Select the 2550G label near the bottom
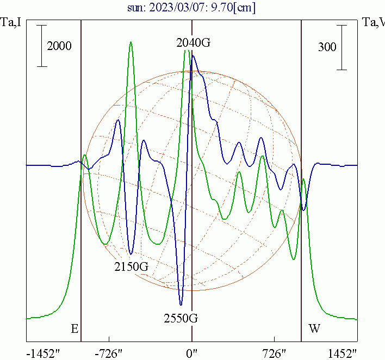(x=181, y=318)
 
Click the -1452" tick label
(x=44, y=353)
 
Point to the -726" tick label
(x=109, y=353)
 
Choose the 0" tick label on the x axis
(x=191, y=353)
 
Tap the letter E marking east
(x=74, y=328)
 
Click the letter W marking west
(x=314, y=328)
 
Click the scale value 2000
(x=59, y=46)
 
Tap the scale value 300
(x=327, y=47)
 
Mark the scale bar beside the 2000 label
(x=42, y=46)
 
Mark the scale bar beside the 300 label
(x=341, y=47)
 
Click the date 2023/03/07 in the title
(x=191, y=8)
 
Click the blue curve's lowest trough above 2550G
(x=181, y=304)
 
